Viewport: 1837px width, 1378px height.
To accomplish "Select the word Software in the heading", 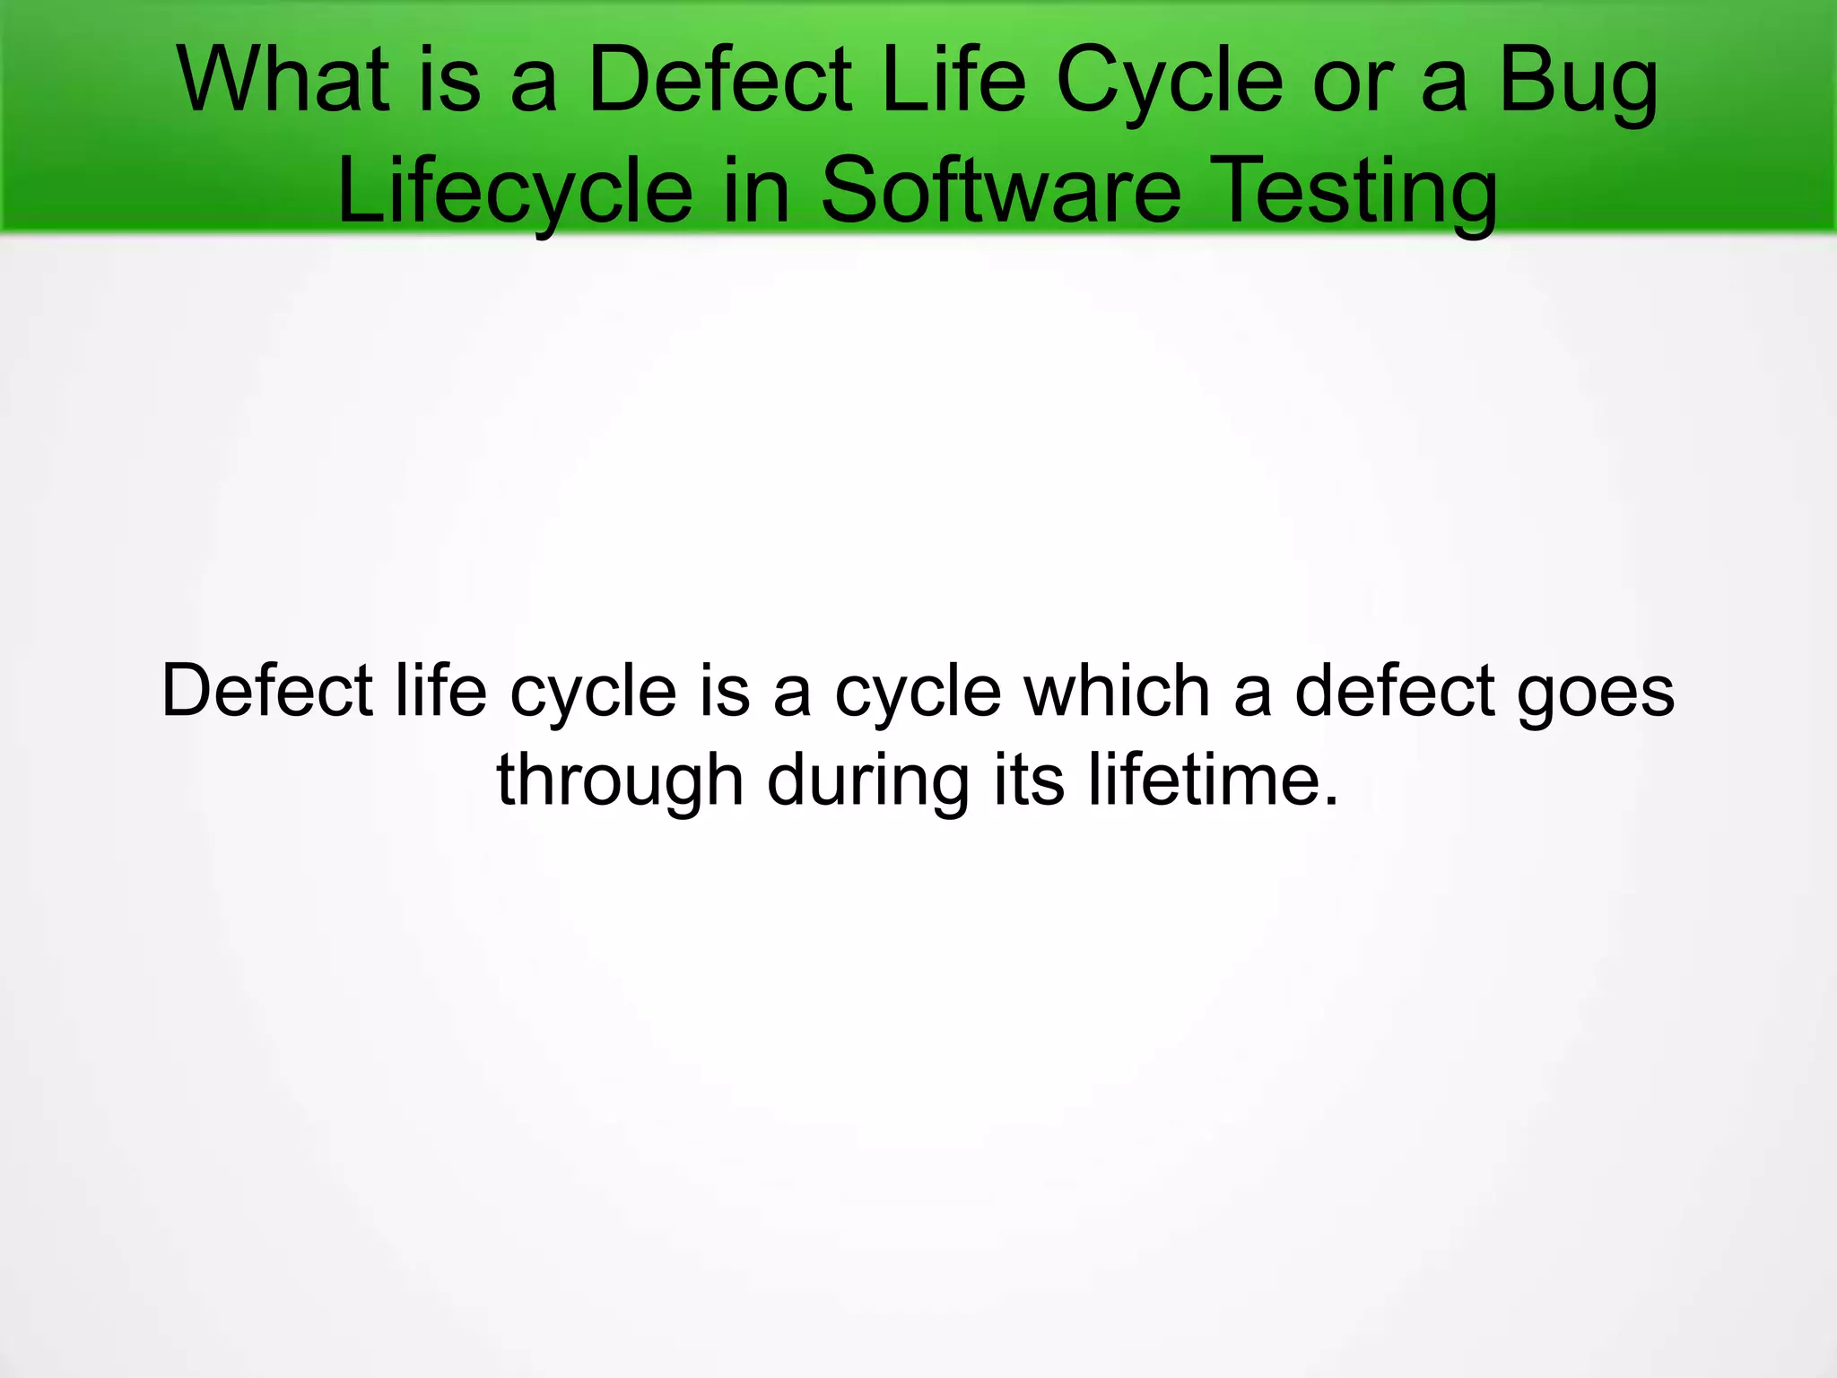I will (1000, 191).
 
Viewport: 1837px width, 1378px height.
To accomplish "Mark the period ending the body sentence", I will (1329, 801).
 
